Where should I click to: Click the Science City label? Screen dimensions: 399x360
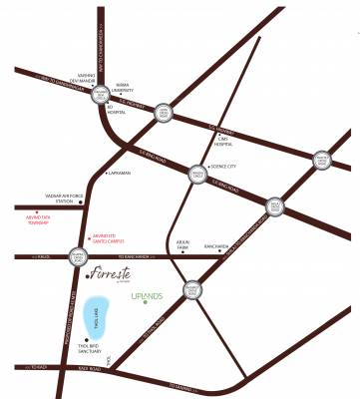[227, 168]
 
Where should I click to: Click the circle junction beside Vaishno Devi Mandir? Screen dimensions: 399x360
[101, 95]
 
